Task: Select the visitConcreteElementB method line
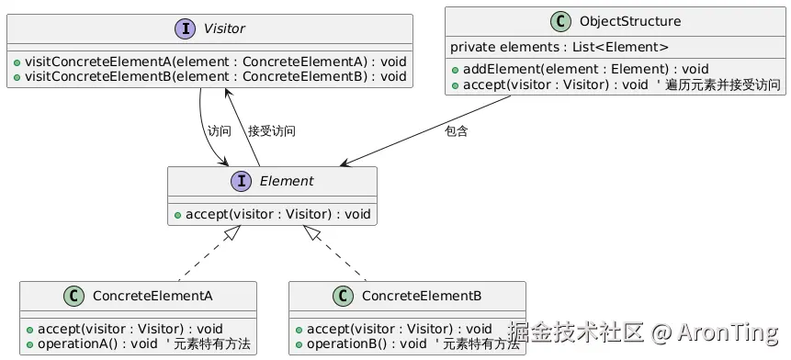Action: coord(209,76)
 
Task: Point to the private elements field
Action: coord(559,47)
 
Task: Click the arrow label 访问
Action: coord(220,131)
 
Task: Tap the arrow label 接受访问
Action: coord(272,131)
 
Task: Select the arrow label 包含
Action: coord(456,131)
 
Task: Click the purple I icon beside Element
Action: coord(242,181)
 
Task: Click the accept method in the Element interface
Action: coord(272,214)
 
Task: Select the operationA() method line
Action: coord(138,343)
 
